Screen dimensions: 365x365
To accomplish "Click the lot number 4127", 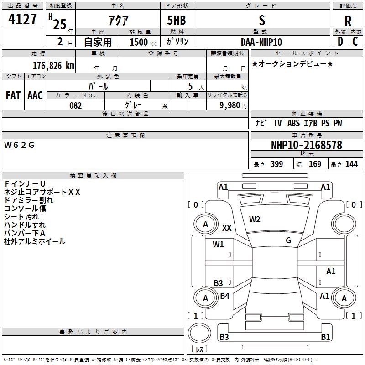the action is click(x=22, y=19).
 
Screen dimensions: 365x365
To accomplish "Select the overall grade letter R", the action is click(x=348, y=21).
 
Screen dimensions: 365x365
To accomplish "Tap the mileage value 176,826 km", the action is click(x=53, y=66).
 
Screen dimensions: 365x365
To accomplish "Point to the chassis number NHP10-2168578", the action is click(x=307, y=145).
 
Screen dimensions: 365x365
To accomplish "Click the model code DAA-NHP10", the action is click(x=261, y=42).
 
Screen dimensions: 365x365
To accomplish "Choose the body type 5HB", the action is click(x=177, y=20).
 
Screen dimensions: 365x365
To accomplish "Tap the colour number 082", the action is click(x=75, y=105).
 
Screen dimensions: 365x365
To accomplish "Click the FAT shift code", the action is click(x=13, y=95).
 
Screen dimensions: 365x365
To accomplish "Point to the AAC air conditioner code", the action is click(x=35, y=95).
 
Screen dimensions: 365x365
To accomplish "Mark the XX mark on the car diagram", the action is click(x=227, y=228).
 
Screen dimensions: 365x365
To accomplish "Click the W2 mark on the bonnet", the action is click(x=255, y=219).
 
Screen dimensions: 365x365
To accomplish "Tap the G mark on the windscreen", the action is click(x=288, y=240).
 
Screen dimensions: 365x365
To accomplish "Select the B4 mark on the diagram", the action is click(x=224, y=296).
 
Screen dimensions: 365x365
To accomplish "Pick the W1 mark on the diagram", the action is click(x=218, y=244).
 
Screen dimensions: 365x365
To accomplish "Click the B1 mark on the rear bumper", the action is click(x=325, y=337).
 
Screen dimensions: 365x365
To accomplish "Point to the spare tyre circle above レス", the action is click(x=199, y=333).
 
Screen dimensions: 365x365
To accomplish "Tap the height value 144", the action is click(x=351, y=164).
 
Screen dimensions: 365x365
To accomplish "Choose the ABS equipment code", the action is click(x=293, y=123).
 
